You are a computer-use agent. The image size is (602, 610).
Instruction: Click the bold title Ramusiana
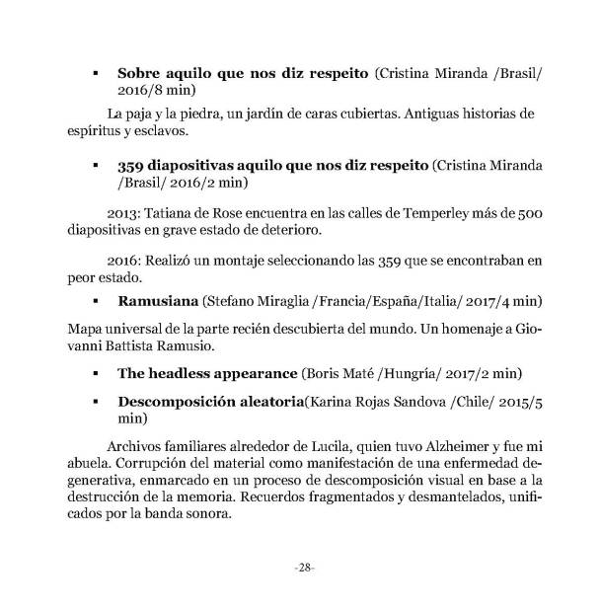pyautogui.click(x=158, y=298)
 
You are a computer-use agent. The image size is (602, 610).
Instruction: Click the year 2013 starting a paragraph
pyautogui.click(x=123, y=211)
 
